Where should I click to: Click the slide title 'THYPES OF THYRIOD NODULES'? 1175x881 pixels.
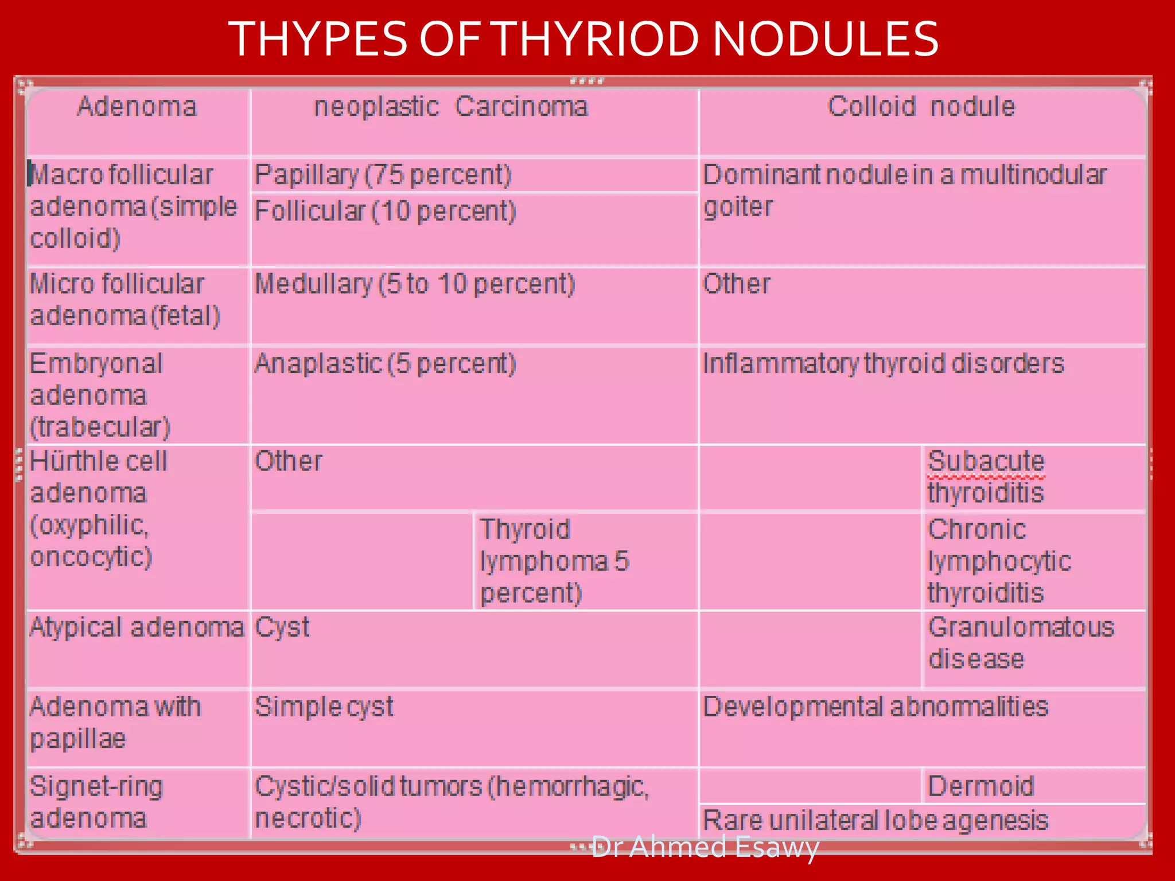coord(583,39)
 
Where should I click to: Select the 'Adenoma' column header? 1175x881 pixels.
coord(137,107)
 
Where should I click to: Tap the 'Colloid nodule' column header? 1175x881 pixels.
coord(921,107)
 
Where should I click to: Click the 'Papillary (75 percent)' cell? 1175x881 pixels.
coord(383,175)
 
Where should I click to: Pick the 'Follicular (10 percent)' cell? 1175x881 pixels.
coord(385,211)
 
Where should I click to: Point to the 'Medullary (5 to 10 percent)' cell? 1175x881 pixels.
coord(414,284)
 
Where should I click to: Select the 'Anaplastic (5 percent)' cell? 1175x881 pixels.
coord(385,364)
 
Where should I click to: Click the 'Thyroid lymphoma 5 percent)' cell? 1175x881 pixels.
coord(554,561)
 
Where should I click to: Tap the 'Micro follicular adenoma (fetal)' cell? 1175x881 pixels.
coord(125,300)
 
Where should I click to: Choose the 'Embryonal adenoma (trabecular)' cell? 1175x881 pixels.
coord(100,395)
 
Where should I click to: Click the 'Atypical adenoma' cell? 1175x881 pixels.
coord(137,627)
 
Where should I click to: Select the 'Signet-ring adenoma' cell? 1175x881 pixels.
coord(96,802)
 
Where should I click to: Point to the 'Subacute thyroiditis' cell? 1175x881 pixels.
coord(986,477)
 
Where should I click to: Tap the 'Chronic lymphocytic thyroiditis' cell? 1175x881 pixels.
coord(999,561)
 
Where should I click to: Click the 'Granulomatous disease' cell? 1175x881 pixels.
coord(1021,643)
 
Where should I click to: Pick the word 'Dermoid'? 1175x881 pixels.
coord(981,786)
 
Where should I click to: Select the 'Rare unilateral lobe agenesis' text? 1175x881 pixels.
coord(876,820)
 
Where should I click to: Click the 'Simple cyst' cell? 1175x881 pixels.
coord(324,707)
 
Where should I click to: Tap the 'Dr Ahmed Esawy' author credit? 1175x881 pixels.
coord(705,847)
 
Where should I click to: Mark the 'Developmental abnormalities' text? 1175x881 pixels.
coord(876,707)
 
